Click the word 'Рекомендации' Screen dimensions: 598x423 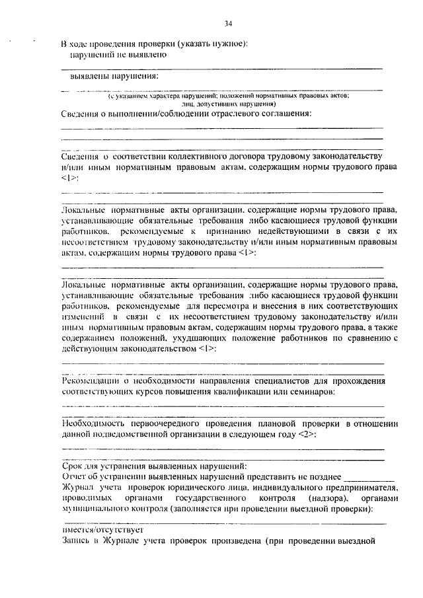[90, 381]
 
